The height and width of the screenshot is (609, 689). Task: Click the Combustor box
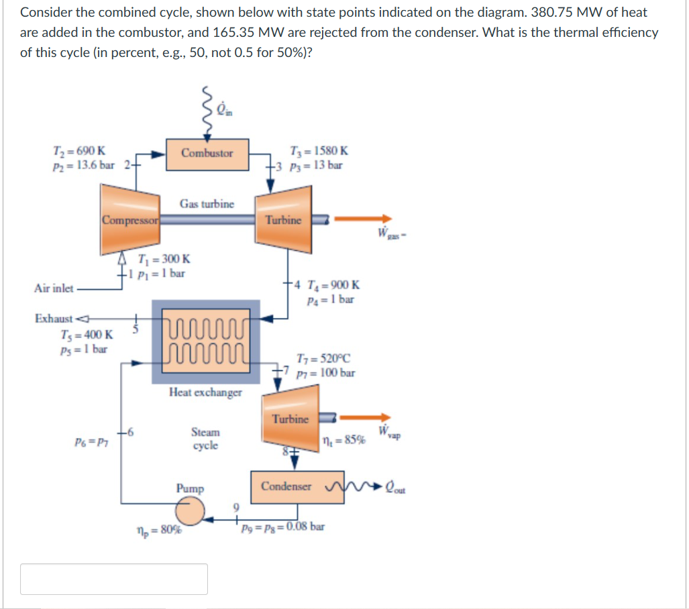pyautogui.click(x=207, y=153)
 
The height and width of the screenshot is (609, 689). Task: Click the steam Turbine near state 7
pyautogui.click(x=290, y=419)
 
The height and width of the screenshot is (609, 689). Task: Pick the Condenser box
pyautogui.click(x=286, y=486)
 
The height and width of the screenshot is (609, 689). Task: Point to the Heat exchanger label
pyautogui.click(x=205, y=392)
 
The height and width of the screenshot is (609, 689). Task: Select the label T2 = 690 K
pyautogui.click(x=78, y=151)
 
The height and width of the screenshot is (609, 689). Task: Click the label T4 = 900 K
pyautogui.click(x=333, y=284)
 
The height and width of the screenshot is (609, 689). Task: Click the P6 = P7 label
pyautogui.click(x=93, y=441)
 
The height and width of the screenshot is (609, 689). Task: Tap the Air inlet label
pyautogui.click(x=54, y=288)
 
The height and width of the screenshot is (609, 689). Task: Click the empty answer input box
pyautogui.click(x=114, y=579)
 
